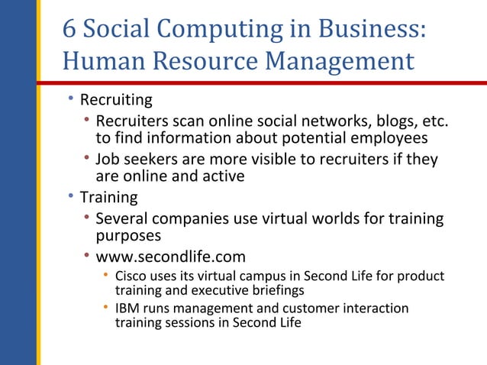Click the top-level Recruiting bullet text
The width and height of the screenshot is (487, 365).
point(116,100)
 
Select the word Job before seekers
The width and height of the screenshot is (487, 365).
point(108,159)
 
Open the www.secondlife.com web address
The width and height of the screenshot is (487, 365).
point(170,257)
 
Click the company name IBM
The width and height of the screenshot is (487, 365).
point(127,308)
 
